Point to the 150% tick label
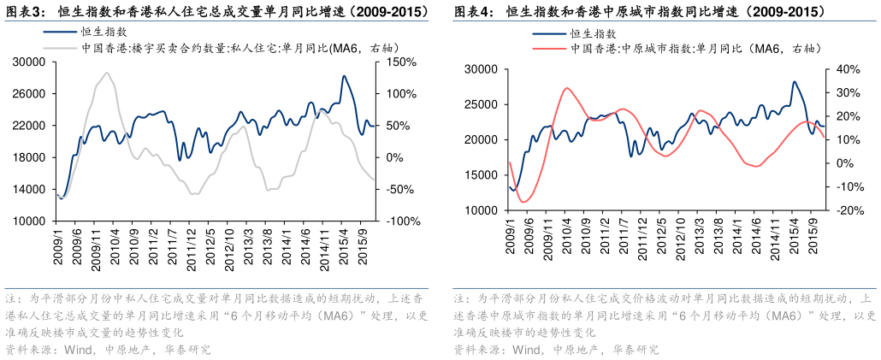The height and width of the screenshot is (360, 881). [x=400, y=62]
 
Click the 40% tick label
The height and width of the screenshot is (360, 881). [x=847, y=69]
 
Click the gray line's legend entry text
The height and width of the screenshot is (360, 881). [x=239, y=49]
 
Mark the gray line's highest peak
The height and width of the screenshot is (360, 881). [x=106, y=74]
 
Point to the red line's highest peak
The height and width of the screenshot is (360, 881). [x=567, y=87]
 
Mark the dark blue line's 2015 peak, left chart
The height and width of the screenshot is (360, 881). [x=344, y=76]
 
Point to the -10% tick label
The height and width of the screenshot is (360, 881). [x=848, y=186]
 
